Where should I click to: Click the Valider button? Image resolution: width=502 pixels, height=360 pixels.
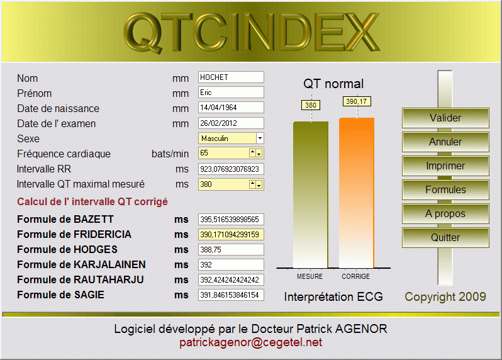445,118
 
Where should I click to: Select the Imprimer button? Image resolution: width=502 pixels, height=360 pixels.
445,166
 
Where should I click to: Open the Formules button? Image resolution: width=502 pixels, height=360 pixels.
445,189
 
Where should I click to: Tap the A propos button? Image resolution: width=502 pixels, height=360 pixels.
445,213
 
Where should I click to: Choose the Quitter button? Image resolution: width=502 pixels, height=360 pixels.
445,238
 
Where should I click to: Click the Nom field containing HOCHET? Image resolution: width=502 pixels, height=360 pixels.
231,77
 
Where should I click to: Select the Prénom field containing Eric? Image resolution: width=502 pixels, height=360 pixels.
231,93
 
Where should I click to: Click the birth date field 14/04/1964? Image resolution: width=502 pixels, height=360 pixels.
231,107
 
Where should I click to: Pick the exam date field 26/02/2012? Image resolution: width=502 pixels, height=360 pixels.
231,123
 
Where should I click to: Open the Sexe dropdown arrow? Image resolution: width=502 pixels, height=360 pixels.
260,138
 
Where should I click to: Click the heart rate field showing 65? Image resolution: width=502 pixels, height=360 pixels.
224,153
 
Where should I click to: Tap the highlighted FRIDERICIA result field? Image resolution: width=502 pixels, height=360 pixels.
231,235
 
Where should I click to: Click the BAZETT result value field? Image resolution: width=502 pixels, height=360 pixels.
231,220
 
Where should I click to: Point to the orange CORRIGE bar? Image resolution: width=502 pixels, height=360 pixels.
357,193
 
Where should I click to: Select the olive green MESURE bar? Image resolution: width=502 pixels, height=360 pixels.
311,194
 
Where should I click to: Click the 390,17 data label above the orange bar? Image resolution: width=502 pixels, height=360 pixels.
357,101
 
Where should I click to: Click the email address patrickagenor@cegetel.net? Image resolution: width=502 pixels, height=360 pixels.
250,342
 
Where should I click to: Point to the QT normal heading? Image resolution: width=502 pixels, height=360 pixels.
333,84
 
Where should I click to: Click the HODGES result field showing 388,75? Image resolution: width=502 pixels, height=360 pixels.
231,249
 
